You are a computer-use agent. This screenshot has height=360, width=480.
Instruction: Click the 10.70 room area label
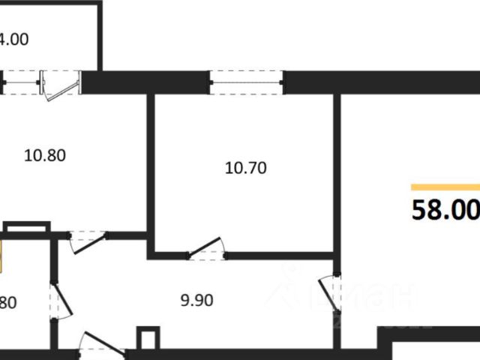(x=246, y=169)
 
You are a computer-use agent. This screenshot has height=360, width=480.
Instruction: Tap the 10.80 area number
(x=46, y=157)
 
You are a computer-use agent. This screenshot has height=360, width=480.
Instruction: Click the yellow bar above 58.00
(x=445, y=186)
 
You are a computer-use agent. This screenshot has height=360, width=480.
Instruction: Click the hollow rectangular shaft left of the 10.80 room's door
(x=27, y=226)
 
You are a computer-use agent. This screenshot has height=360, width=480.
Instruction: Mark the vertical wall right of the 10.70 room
(x=338, y=172)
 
